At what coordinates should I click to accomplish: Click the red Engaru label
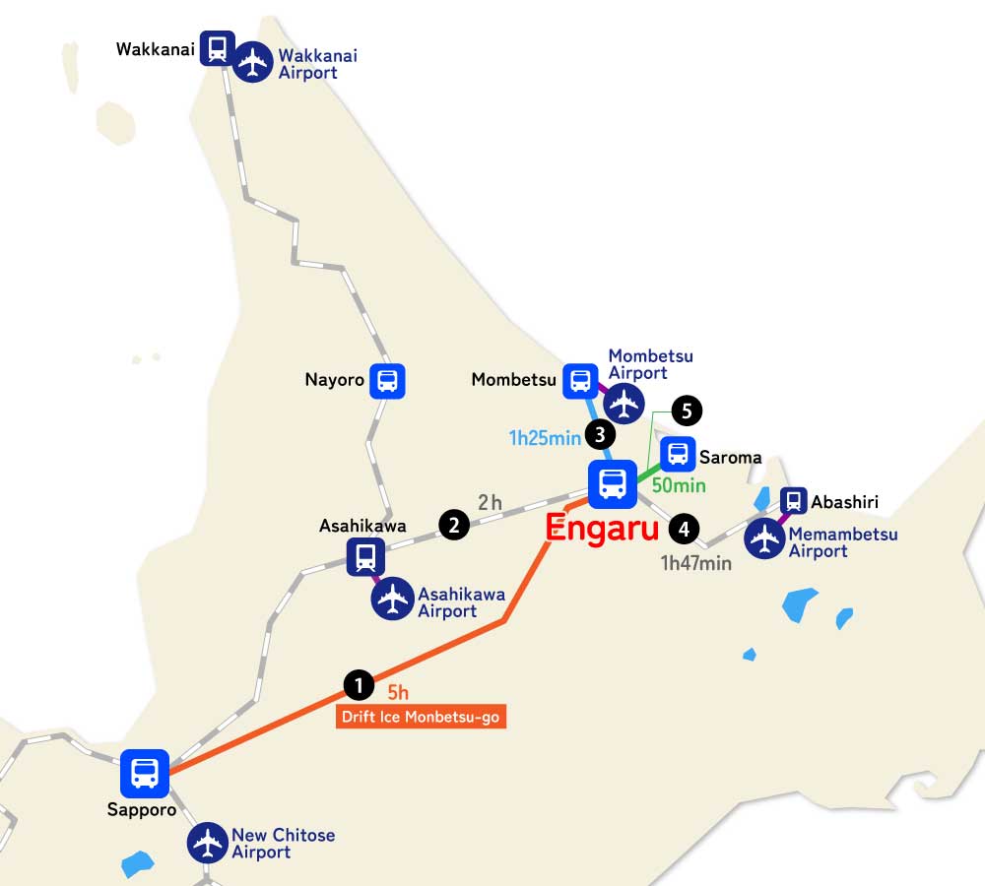coord(602,528)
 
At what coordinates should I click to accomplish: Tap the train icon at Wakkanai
coord(217,47)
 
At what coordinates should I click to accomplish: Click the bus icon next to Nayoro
coord(387,381)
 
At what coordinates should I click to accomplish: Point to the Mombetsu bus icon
coord(580,380)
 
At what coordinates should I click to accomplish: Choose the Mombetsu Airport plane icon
coord(624,403)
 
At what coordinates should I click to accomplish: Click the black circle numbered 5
coord(688,410)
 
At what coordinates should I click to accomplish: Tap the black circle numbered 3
coord(600,433)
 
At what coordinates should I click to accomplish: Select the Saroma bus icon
coord(678,454)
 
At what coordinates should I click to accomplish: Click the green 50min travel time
coord(679,485)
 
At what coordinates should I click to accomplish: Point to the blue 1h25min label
coord(545,438)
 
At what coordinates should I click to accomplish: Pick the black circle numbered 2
coord(453,525)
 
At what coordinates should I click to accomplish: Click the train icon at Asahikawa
coord(365,557)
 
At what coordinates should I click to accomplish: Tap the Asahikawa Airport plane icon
coord(393,599)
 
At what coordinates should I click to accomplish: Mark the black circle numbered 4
coord(683,529)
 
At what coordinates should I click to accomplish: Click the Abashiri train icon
coord(793,501)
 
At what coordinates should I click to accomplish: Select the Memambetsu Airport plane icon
coord(764,538)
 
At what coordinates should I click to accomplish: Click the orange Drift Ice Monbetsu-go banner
coord(421,717)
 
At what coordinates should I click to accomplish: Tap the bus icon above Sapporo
coord(145,773)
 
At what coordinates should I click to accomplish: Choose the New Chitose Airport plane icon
coord(208,843)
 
